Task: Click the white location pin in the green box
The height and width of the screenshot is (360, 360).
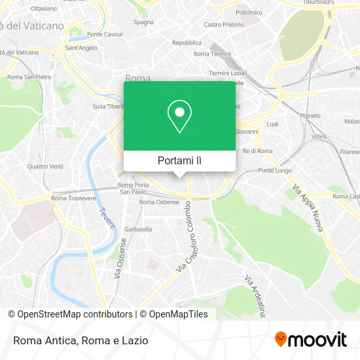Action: pos(180,117)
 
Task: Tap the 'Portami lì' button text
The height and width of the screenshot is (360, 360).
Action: pos(179,160)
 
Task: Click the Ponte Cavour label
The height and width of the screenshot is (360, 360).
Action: pos(105,34)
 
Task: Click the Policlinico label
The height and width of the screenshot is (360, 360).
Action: pos(249,12)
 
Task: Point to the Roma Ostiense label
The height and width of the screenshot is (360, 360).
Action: pos(159,202)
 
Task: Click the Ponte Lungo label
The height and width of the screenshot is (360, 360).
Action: pos(274,171)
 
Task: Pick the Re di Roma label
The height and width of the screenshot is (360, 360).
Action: pos(257,151)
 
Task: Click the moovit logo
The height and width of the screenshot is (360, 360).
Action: pos(310,339)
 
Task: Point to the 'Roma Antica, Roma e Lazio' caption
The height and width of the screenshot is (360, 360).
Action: pos(79,340)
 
